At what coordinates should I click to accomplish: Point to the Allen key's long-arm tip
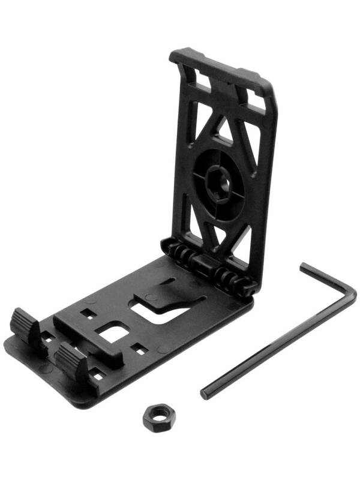pyautogui.click(x=205, y=392)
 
